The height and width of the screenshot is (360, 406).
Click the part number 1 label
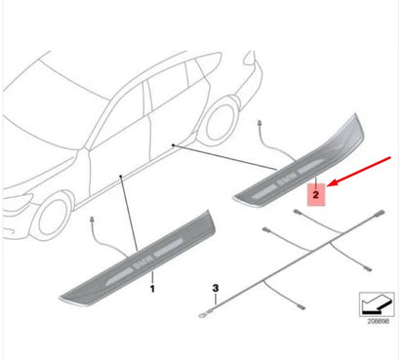[x=152, y=289]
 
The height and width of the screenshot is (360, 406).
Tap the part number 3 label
[x=218, y=289]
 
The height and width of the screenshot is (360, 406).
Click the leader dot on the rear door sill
[x=173, y=144]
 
